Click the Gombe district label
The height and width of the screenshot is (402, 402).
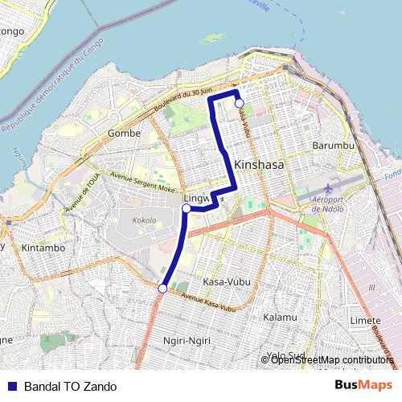tap(123, 133)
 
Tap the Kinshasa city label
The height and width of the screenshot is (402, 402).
tap(261, 165)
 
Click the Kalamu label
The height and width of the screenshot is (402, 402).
tap(280, 318)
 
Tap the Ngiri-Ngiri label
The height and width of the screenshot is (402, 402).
tap(186, 341)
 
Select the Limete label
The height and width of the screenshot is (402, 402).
tap(366, 320)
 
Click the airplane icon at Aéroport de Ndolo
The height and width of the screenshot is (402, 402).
tap(309, 197)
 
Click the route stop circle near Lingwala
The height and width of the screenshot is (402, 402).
tap(186, 208)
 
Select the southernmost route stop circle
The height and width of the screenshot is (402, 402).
tap(162, 289)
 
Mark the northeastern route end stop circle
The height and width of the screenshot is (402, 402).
tap(239, 103)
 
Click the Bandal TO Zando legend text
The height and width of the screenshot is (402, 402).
tap(70, 387)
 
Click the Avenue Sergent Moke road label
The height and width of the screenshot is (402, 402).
tap(142, 182)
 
